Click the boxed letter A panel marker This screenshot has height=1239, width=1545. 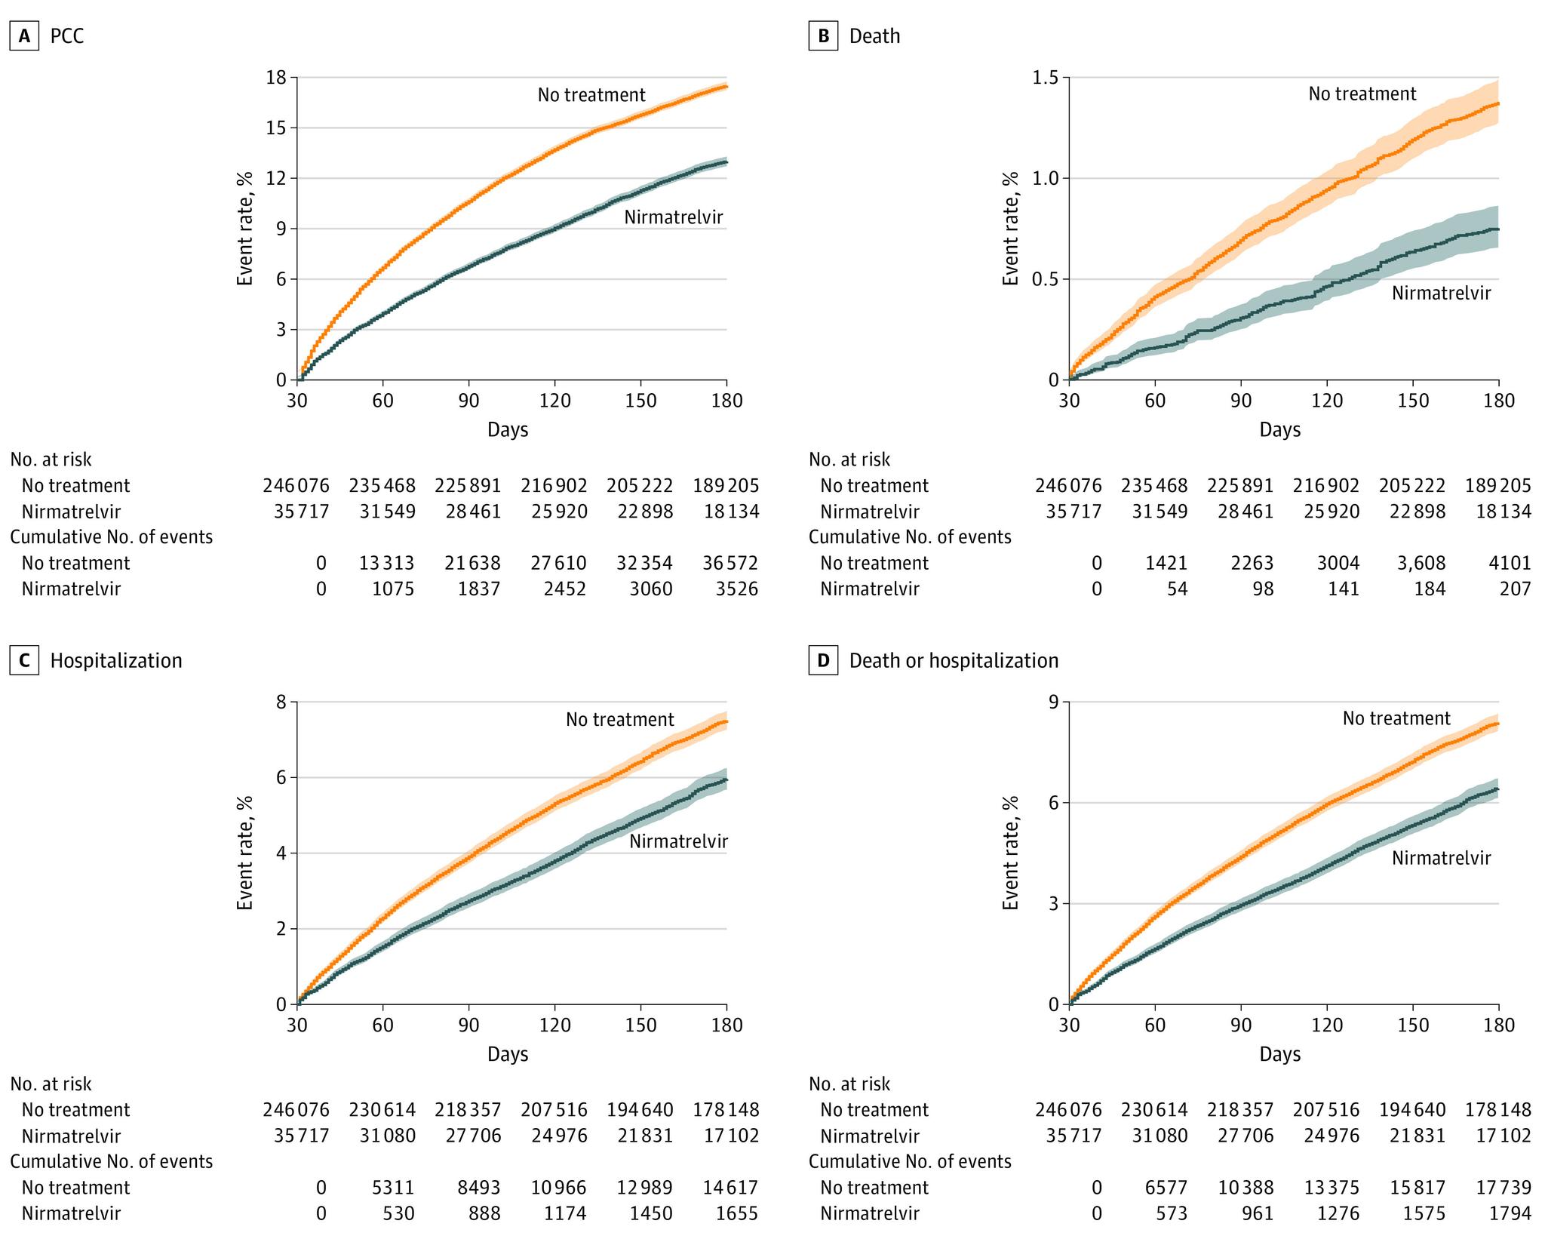(24, 36)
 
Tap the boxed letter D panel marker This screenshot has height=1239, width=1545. (823, 661)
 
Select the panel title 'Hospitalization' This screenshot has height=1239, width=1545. (116, 661)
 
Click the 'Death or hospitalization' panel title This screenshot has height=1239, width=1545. (954, 661)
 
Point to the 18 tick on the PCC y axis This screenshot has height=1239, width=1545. (277, 78)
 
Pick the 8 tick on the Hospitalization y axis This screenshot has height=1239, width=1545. (281, 703)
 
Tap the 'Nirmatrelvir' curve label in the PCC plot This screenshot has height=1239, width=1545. (674, 218)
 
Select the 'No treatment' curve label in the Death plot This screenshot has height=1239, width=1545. (1362, 94)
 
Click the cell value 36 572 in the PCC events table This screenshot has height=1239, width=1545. (726, 564)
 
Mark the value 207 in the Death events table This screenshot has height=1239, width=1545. (1515, 589)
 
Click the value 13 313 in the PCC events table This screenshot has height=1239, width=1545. (382, 564)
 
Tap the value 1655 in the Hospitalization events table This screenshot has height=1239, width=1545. (736, 1213)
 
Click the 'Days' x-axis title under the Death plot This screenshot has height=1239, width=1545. (1280, 430)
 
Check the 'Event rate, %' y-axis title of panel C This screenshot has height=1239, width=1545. (245, 853)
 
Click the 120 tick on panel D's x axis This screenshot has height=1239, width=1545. (1327, 1025)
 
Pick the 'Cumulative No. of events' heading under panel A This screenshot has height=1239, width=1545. (111, 537)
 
